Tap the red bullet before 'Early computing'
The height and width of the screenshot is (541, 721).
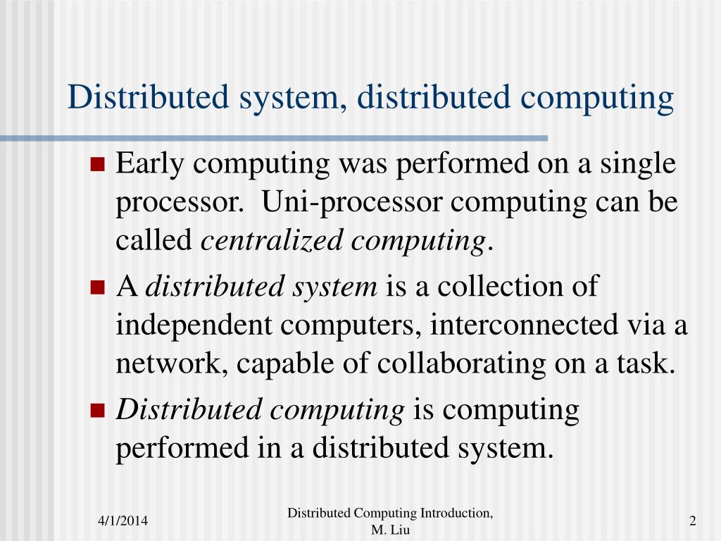pyautogui.click(x=98, y=166)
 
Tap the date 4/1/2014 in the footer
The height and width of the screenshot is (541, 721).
pyautogui.click(x=123, y=521)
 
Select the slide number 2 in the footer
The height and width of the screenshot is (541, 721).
pyautogui.click(x=693, y=521)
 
